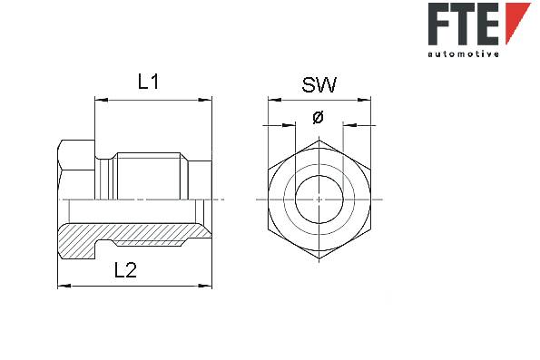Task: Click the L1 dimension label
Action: (149, 82)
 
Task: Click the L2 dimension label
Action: (125, 269)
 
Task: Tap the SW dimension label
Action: (319, 84)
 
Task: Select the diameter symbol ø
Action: (319, 117)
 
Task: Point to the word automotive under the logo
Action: (463, 54)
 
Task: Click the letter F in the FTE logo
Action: (439, 24)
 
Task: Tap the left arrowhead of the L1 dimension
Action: (102, 100)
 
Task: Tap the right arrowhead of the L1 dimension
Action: (205, 100)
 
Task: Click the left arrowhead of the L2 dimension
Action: (64, 286)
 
